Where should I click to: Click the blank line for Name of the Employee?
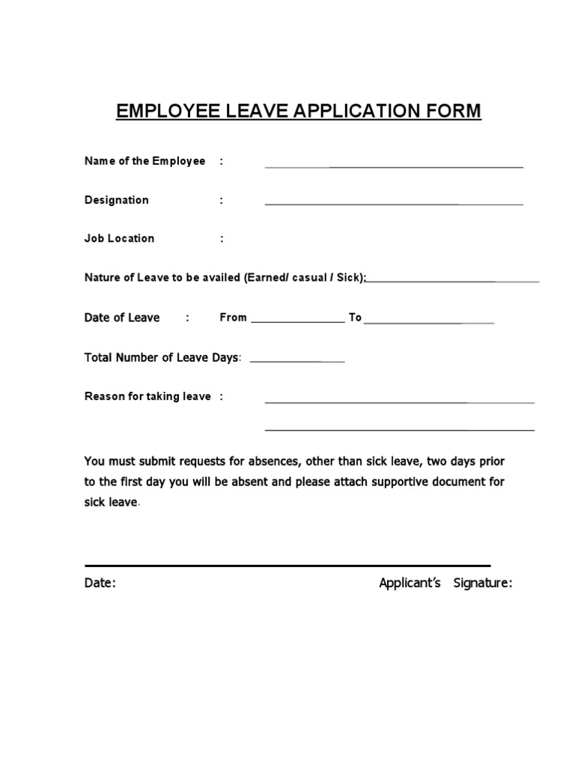(x=394, y=166)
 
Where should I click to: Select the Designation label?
(x=116, y=200)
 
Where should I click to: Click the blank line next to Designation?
(x=394, y=204)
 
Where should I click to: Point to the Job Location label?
(x=119, y=238)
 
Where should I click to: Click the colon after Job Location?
(x=222, y=239)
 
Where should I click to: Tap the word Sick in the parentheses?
(x=349, y=277)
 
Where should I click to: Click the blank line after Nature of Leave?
(x=453, y=282)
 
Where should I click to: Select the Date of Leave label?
(x=122, y=318)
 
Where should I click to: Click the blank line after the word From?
(x=297, y=321)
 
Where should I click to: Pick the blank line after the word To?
(x=429, y=322)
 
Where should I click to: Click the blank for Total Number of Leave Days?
(x=296, y=362)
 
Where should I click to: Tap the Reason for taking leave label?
(x=147, y=396)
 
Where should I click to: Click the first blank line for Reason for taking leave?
(x=400, y=402)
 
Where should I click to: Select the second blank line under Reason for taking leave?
(x=400, y=430)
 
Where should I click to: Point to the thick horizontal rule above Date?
(x=287, y=566)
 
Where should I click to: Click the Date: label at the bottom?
(x=100, y=583)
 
